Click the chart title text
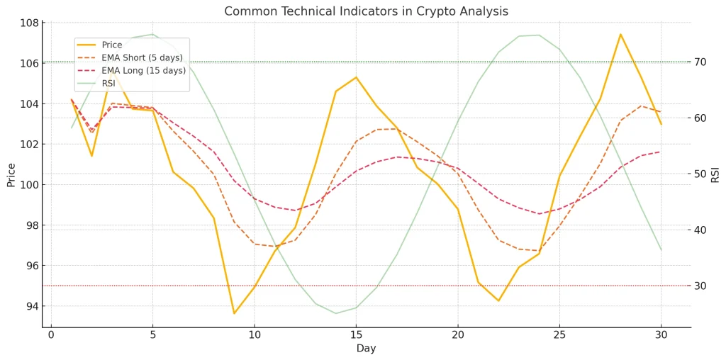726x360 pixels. coord(366,11)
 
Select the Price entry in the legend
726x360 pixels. coord(112,45)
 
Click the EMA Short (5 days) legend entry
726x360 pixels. coord(142,58)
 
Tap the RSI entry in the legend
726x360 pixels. coord(108,84)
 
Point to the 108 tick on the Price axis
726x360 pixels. coord(29,23)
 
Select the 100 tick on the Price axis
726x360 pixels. coord(29,185)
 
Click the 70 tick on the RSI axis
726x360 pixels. coord(700,62)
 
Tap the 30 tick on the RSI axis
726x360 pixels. coord(700,286)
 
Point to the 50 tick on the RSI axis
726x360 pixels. coord(700,174)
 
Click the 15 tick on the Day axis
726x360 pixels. coord(356,334)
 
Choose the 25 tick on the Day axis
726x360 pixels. coord(559,334)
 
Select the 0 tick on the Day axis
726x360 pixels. coord(51,334)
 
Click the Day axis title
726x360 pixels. coord(366,349)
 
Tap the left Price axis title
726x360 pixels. coord(11,174)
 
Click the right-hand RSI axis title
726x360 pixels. coord(715,174)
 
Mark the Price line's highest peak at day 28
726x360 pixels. coord(620,34)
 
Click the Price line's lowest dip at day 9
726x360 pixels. coord(234,313)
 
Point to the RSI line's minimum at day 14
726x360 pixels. coord(336,313)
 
